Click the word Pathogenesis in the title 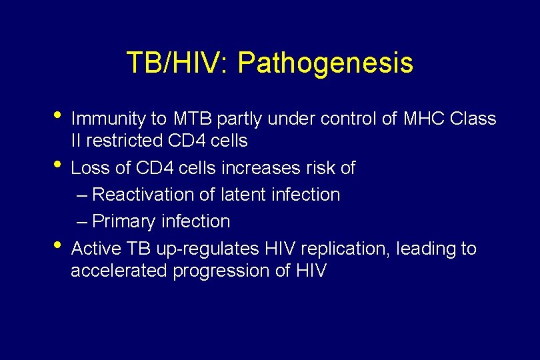point(325,63)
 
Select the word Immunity point(109,119)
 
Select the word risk point(319,168)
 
